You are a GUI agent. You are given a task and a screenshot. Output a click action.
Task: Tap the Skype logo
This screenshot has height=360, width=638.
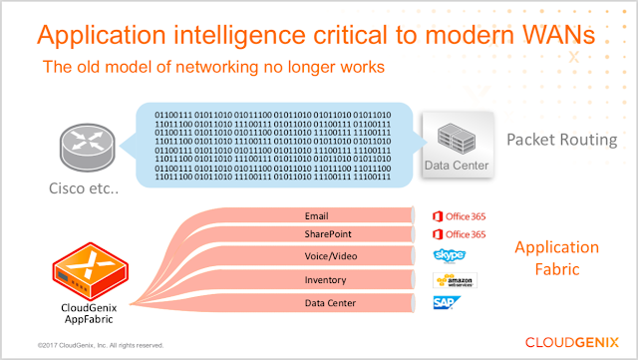point(450,255)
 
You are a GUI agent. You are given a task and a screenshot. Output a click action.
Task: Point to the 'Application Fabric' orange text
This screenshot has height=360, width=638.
point(556,257)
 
